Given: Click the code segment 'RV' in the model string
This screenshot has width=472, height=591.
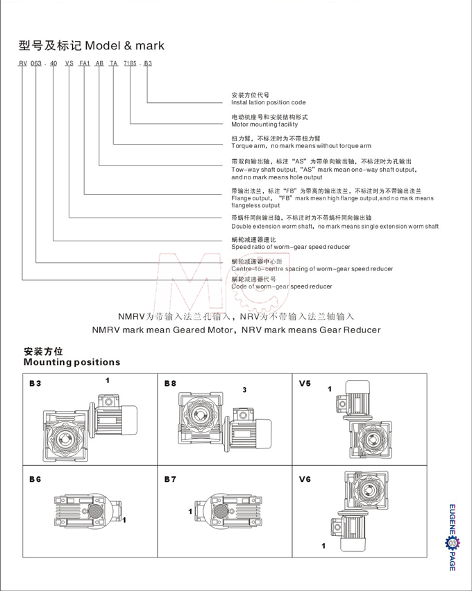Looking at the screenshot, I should [x=23, y=63].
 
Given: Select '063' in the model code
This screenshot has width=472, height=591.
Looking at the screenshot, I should [x=37, y=63].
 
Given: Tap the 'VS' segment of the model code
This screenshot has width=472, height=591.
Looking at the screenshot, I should [x=69, y=63].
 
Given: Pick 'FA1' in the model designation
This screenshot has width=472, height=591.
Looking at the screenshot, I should [x=85, y=63].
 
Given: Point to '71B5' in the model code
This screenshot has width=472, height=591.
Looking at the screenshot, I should [x=130, y=63].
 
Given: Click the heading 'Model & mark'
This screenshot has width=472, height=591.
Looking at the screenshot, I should [x=124, y=46].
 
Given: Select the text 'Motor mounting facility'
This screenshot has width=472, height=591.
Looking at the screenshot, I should [x=264, y=124].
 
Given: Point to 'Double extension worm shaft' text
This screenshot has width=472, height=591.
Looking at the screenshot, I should [x=273, y=227].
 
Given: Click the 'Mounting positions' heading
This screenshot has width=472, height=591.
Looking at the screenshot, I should [x=71, y=362].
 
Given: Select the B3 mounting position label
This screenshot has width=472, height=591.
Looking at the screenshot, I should [x=35, y=383].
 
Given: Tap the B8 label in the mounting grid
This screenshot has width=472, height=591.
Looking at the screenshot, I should [x=170, y=383].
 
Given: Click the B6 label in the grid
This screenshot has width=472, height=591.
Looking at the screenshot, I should [x=35, y=479].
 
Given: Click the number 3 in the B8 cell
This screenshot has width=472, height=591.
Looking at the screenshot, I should [x=244, y=389].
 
